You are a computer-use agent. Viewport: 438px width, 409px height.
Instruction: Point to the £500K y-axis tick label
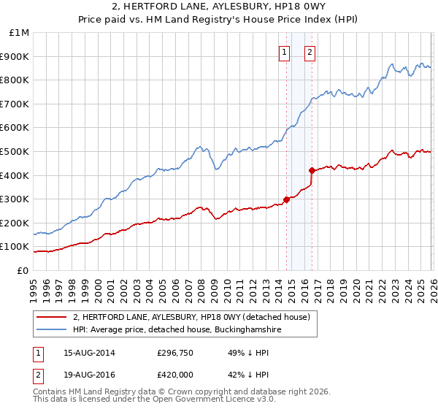[16, 152]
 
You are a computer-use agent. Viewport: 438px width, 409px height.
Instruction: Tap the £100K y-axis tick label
[16, 247]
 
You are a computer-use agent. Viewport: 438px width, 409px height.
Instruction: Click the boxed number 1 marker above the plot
[284, 52]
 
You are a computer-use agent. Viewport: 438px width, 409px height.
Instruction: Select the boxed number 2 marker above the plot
[310, 52]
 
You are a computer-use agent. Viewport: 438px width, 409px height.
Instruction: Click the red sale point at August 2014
[286, 199]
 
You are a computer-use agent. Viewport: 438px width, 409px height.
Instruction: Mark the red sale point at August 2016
[312, 170]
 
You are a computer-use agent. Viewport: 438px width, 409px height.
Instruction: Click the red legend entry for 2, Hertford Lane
[191, 317]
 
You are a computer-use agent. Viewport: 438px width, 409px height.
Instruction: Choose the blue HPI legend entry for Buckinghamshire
[177, 330]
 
